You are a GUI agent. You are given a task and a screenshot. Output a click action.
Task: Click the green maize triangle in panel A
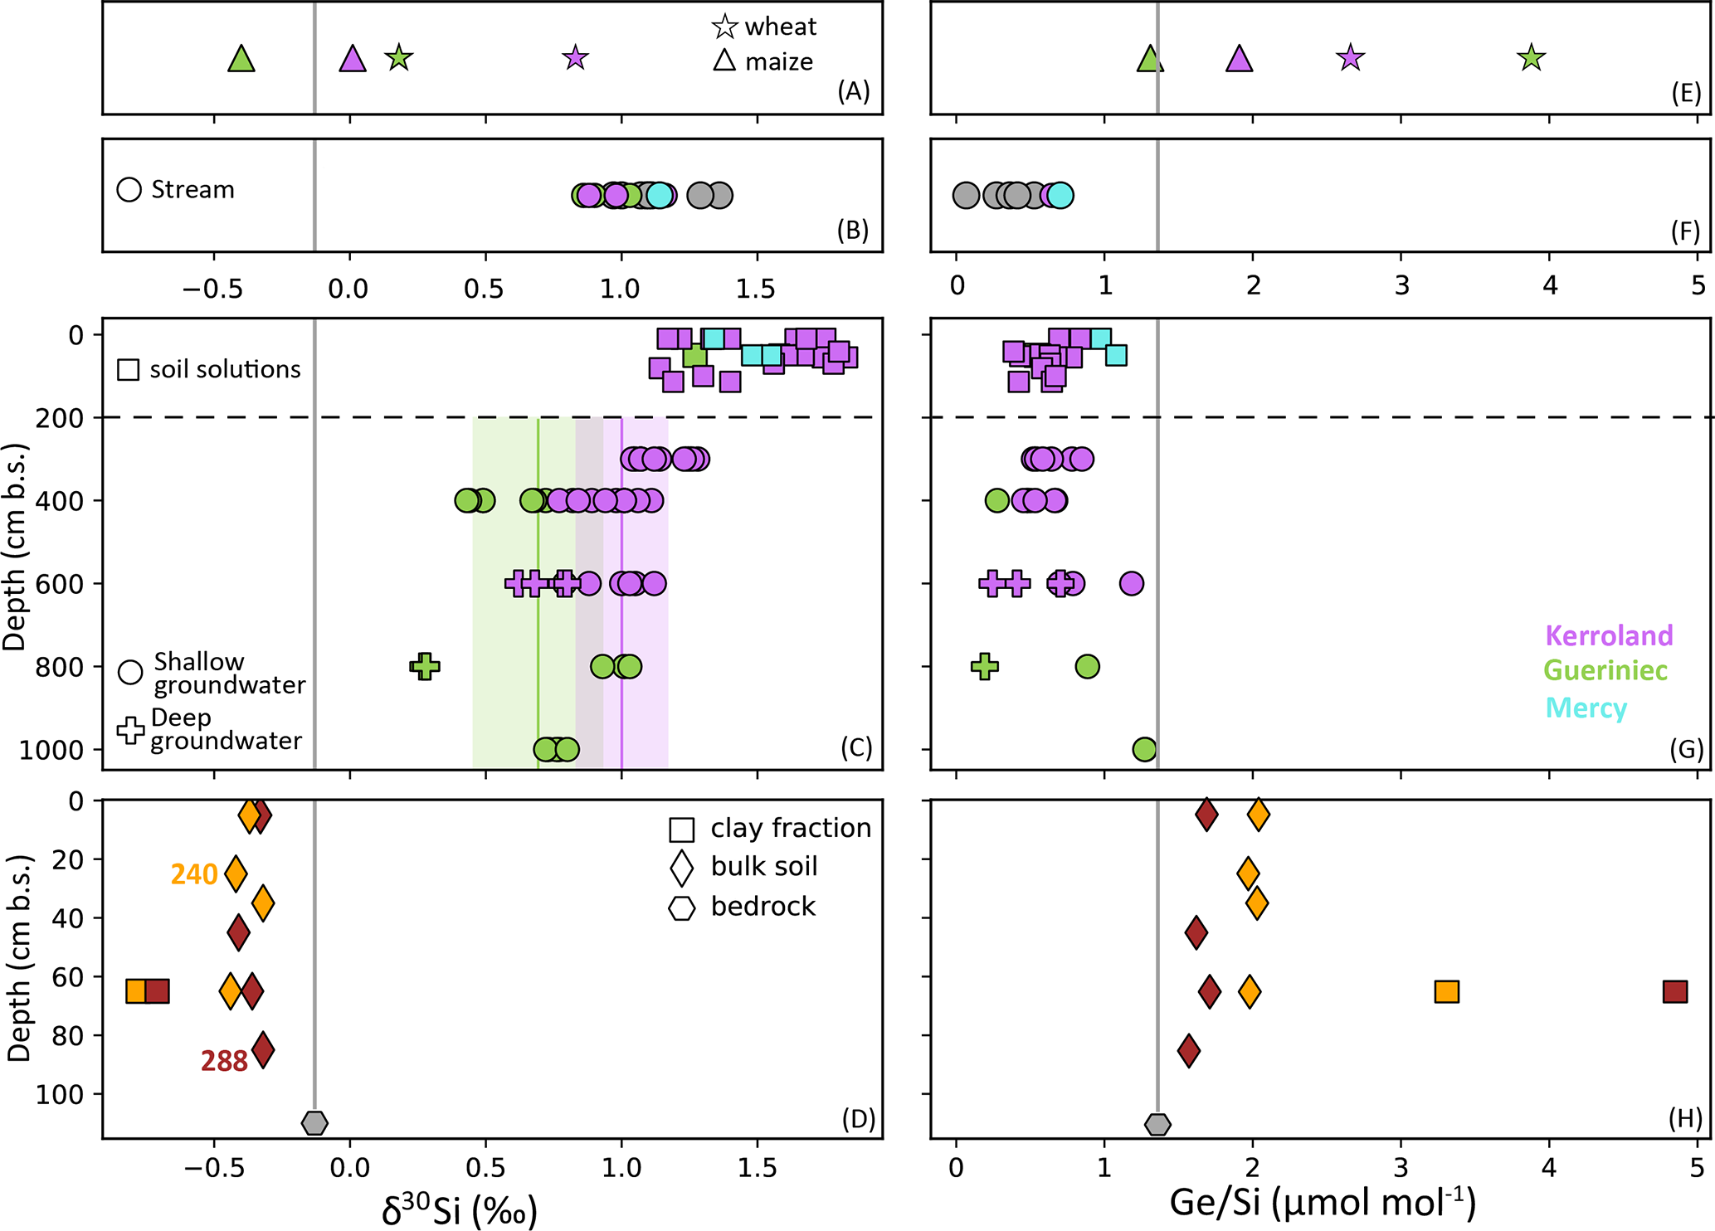pyautogui.click(x=241, y=60)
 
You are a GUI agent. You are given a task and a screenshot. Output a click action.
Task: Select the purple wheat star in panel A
pyautogui.click(x=575, y=58)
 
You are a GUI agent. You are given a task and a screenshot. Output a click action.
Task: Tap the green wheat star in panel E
pyautogui.click(x=1531, y=58)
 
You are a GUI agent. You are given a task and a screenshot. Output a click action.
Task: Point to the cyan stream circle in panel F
pyautogui.click(x=1060, y=196)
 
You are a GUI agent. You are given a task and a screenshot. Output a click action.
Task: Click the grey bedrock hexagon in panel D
pyautogui.click(x=314, y=1123)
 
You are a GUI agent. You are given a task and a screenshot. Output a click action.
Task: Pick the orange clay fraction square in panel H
pyautogui.click(x=1446, y=991)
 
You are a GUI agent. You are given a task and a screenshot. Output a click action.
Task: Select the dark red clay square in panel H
pyautogui.click(x=1675, y=991)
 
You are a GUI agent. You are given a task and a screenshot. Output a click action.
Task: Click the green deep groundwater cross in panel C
pyautogui.click(x=425, y=666)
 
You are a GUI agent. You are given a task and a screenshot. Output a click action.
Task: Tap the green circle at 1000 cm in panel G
pyautogui.click(x=1144, y=749)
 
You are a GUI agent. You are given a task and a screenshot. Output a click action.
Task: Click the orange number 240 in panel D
pyautogui.click(x=194, y=874)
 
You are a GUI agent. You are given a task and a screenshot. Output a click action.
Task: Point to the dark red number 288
pyautogui.click(x=224, y=1061)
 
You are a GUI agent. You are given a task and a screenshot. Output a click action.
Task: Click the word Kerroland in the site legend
pyautogui.click(x=1609, y=635)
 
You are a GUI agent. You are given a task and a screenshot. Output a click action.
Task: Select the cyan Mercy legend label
pyautogui.click(x=1586, y=708)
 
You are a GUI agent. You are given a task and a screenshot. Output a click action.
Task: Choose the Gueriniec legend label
pyautogui.click(x=1605, y=670)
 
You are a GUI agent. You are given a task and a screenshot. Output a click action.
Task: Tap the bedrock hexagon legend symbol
pyautogui.click(x=681, y=907)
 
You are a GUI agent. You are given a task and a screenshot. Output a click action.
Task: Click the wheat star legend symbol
pyautogui.click(x=724, y=27)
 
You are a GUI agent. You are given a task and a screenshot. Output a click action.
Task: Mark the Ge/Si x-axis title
pyautogui.click(x=1323, y=1203)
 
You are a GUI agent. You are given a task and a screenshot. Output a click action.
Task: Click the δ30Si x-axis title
pyautogui.click(x=459, y=1209)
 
